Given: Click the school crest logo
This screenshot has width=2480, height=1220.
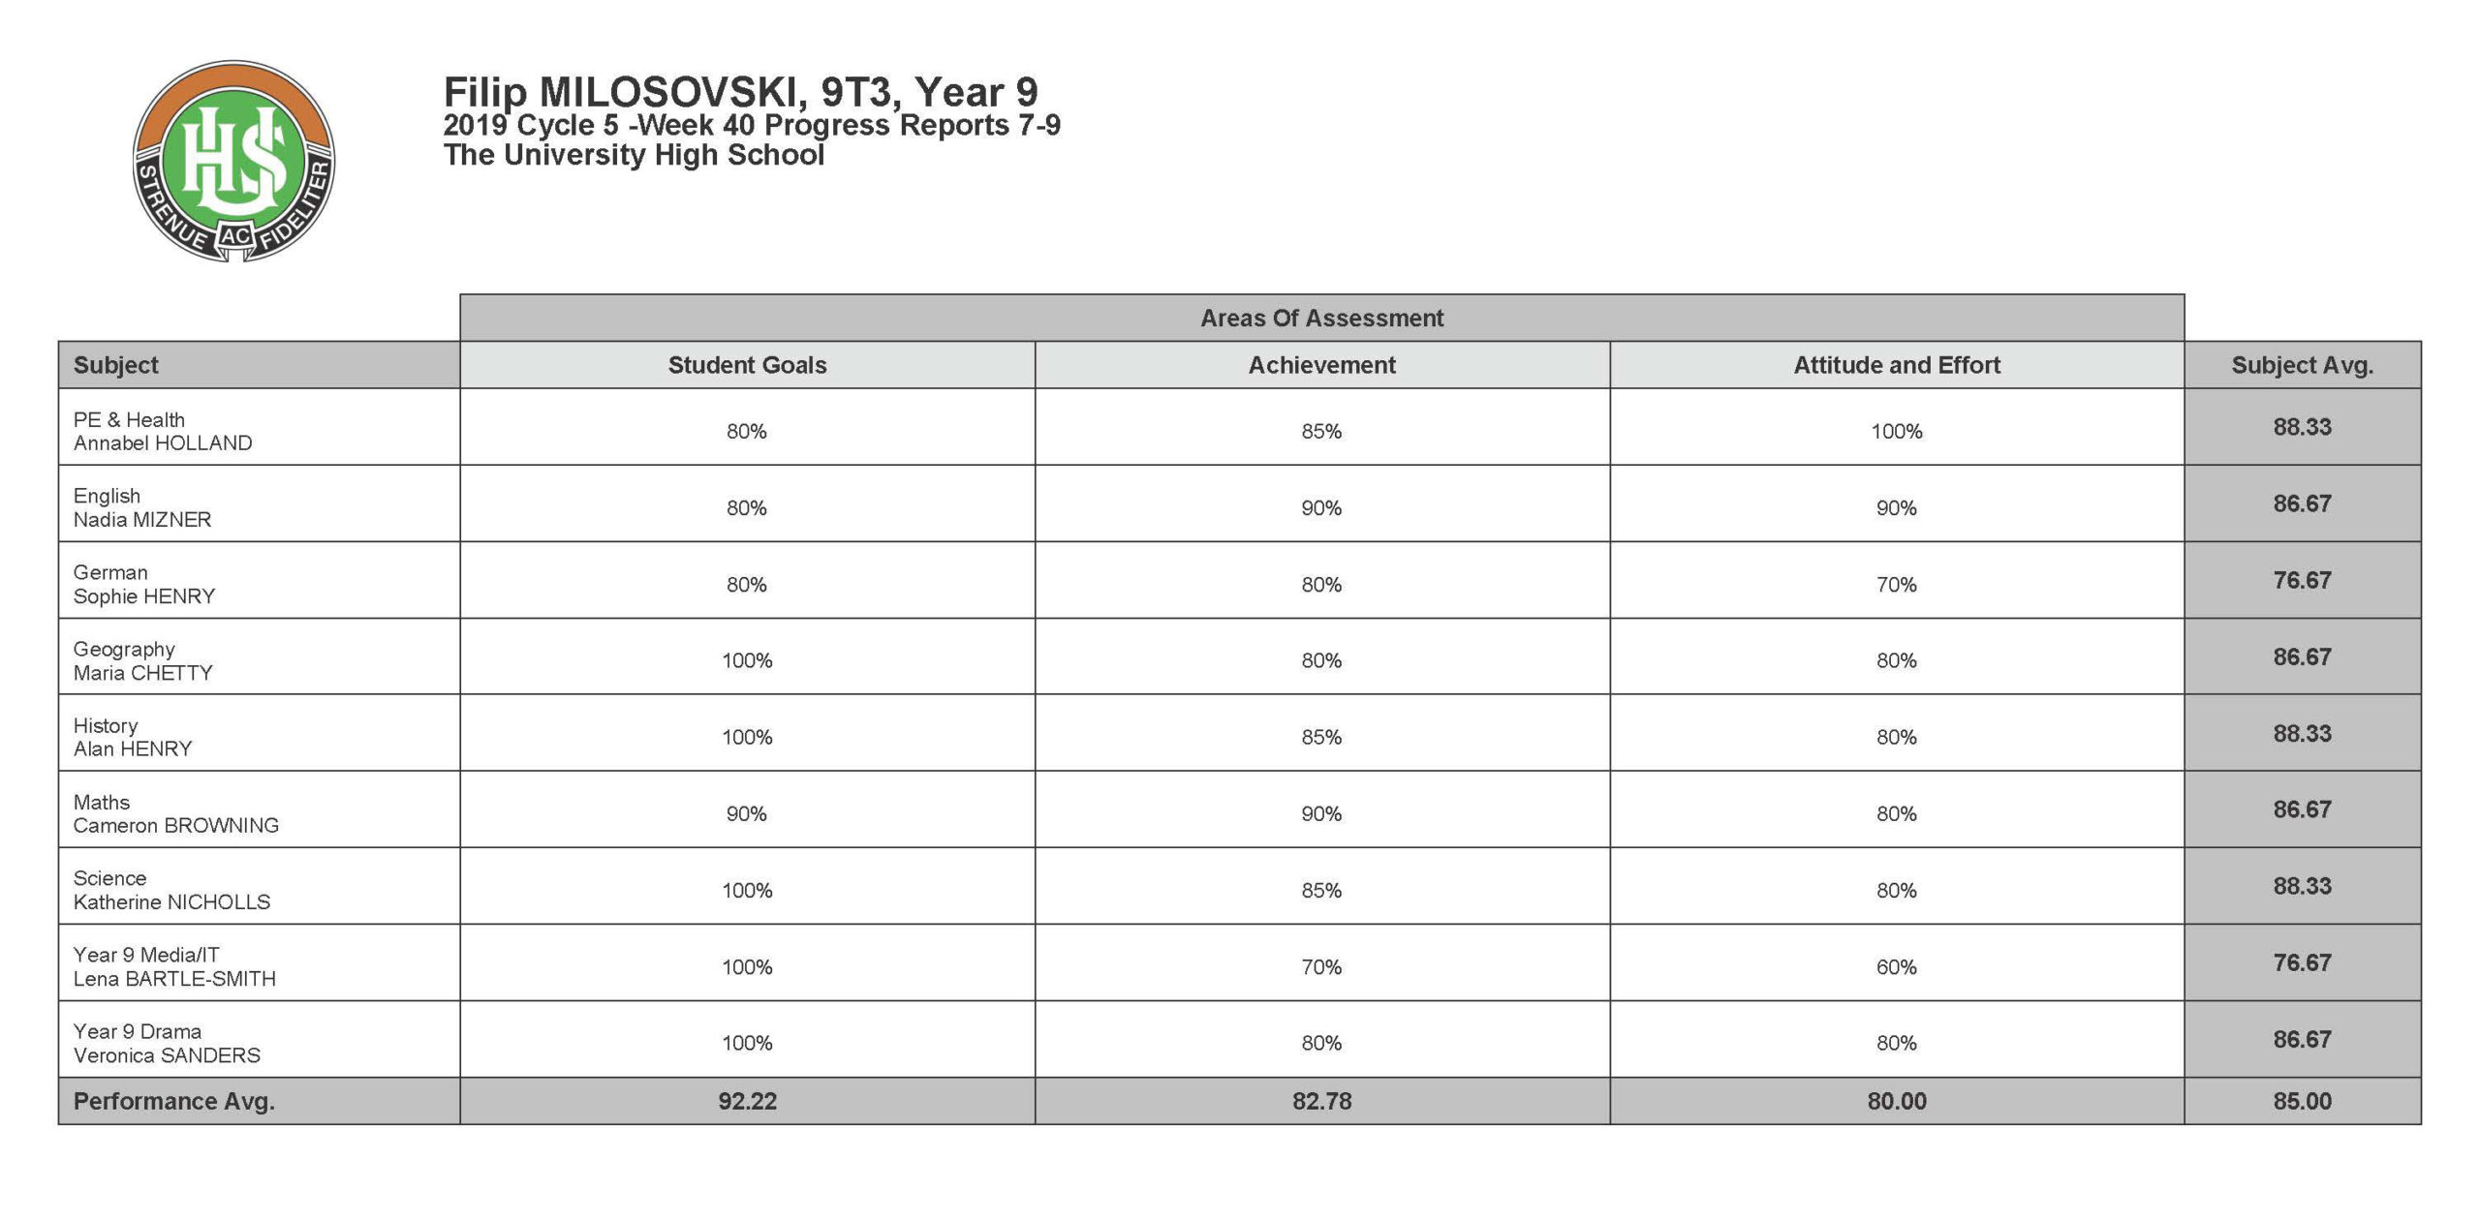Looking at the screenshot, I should coord(233,161).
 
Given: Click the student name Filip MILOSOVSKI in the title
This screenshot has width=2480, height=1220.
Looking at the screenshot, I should coord(621,93).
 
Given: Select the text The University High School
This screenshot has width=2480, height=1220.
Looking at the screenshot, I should coord(634,155).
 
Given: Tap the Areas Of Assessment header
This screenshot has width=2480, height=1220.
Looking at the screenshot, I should coord(1321,318).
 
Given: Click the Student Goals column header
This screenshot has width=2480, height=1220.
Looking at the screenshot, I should coord(747,365).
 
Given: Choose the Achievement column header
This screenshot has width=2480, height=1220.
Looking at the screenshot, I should coord(1321,365).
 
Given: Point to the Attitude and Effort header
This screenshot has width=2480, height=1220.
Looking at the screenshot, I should coord(1896,365).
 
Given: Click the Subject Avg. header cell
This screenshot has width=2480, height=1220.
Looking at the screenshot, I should coord(2302,365).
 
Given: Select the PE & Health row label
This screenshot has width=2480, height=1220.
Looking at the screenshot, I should coord(129,420).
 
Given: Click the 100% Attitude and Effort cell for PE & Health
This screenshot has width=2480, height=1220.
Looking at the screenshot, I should coord(1896,432).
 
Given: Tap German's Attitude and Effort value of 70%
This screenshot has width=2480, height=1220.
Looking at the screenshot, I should coord(1896,585).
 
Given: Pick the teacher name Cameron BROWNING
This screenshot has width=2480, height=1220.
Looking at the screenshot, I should coord(176,826).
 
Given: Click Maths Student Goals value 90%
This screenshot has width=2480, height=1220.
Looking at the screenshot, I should coord(747,814).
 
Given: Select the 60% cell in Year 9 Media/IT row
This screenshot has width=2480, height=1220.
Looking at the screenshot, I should coord(1896,967).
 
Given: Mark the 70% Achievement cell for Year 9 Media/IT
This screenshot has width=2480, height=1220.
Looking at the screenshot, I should coord(1321,967).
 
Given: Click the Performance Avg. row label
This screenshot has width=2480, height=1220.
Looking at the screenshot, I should coord(174,1102).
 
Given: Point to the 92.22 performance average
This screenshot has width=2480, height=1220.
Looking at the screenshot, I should coord(747,1102).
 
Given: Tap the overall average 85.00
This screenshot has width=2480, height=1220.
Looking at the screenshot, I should coord(2302,1102).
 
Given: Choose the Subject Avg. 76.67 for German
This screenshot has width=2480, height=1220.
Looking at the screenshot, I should coord(2302,581).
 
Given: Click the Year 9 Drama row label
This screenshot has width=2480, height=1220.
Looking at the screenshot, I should coord(138,1032).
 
